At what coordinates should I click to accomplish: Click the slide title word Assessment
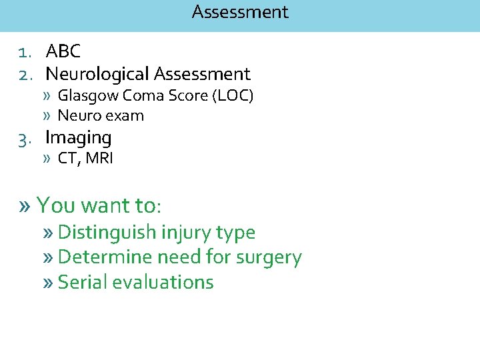pyautogui.click(x=240, y=12)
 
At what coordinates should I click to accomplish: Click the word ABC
pyautogui.click(x=63, y=51)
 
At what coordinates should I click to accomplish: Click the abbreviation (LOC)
pyautogui.click(x=233, y=96)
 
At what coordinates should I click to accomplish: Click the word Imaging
pyautogui.click(x=78, y=138)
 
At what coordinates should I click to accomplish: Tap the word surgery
pyautogui.click(x=268, y=258)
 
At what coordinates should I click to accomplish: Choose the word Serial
pyautogui.click(x=83, y=282)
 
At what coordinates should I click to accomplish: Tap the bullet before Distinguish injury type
pyautogui.click(x=48, y=233)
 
